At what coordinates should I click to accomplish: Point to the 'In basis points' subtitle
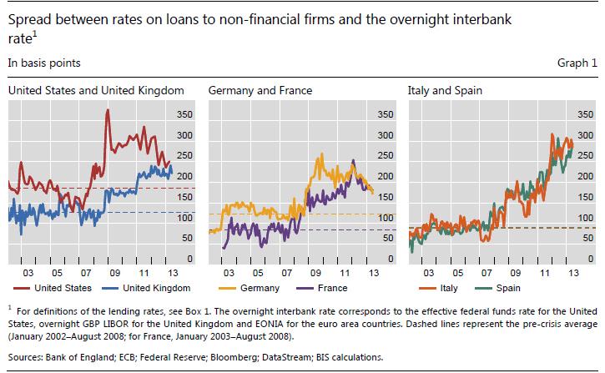coord(39,63)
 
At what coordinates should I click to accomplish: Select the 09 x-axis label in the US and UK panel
coord(114,273)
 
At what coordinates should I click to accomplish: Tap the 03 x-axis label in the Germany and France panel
coord(228,273)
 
